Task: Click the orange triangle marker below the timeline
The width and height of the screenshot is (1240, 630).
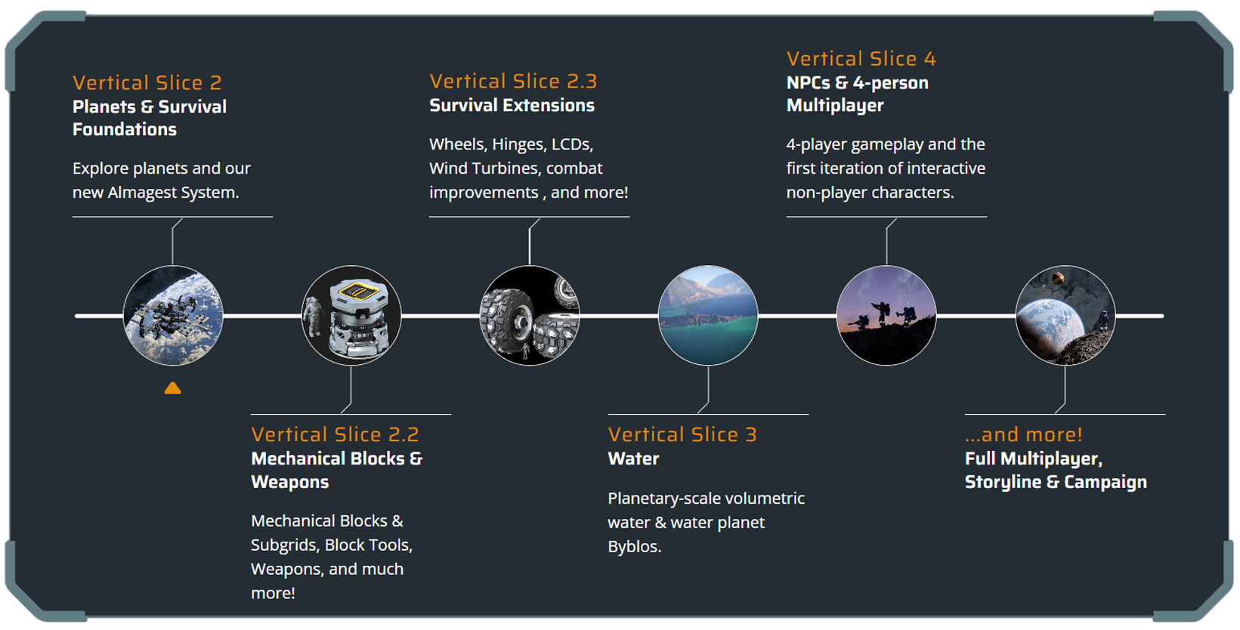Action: pyautogui.click(x=172, y=388)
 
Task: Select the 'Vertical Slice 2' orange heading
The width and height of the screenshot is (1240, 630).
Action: pyautogui.click(x=147, y=82)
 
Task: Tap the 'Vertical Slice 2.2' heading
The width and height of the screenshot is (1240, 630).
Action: pyautogui.click(x=335, y=434)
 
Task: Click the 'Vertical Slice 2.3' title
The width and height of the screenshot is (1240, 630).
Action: pyautogui.click(x=513, y=81)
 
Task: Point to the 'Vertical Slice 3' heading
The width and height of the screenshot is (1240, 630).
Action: pyautogui.click(x=682, y=434)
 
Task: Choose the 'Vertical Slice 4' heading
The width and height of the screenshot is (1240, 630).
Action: pyautogui.click(x=861, y=58)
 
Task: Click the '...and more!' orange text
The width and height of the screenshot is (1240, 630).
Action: pyautogui.click(x=1023, y=434)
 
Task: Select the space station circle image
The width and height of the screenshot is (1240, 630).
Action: pyautogui.click(x=173, y=315)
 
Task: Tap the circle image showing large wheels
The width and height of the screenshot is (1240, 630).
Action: pyautogui.click(x=530, y=315)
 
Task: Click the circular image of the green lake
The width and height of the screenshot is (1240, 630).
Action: pyautogui.click(x=708, y=315)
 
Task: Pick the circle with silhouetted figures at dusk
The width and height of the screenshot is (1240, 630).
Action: pyautogui.click(x=886, y=315)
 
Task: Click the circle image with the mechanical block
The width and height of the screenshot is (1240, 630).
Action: pyautogui.click(x=351, y=315)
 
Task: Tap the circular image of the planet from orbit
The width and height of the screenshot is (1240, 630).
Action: pyautogui.click(x=1065, y=315)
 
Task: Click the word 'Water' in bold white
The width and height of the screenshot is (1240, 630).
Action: pyautogui.click(x=633, y=459)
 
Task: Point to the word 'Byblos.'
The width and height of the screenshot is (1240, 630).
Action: pyautogui.click(x=634, y=546)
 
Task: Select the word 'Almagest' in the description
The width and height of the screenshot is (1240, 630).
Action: pyautogui.click(x=142, y=193)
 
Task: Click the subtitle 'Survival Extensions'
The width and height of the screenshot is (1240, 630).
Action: pyautogui.click(x=512, y=105)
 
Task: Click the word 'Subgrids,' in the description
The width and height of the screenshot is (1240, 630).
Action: pyautogui.click(x=285, y=545)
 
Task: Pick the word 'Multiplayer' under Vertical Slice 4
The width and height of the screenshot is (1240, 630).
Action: pyautogui.click(x=834, y=105)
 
